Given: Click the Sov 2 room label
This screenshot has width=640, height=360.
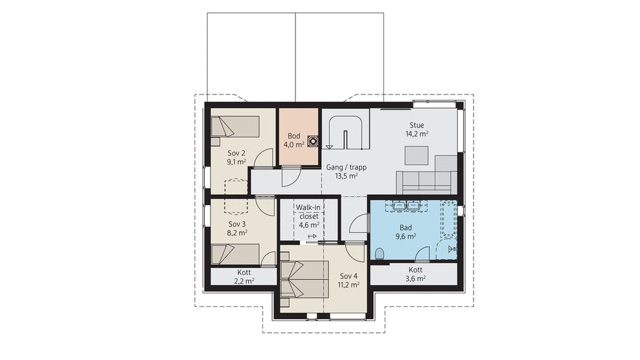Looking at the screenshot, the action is pos(236,153).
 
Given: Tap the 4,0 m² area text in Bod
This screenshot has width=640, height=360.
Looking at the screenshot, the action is pos(294,144).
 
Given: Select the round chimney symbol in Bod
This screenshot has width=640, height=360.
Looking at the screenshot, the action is pos(313,141).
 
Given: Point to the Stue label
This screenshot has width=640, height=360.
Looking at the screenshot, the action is pos(417,125).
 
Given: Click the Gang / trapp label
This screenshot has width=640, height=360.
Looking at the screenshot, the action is pos(346,167).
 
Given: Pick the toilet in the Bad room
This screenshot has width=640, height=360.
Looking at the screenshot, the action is pos(380,253).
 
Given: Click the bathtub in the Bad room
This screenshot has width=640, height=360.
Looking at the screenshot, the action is pos(448,218).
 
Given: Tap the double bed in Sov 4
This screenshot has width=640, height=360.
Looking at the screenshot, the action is pos(304,280).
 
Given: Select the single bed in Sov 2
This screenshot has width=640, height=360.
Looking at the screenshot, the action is pos(235,126).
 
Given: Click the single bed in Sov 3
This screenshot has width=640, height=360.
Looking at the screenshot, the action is pos(235,254).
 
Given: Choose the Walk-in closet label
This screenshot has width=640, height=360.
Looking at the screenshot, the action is pos(308,212).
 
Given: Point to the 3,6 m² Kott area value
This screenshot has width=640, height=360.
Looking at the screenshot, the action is pos(415,279).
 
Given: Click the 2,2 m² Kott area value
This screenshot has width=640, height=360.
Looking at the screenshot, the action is pos(244,281).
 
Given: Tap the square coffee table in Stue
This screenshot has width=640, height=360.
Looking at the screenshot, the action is pos(417,155).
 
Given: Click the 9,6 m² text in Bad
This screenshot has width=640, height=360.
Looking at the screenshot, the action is pos(406,236).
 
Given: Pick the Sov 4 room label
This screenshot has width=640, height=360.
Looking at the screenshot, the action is pos(349,276).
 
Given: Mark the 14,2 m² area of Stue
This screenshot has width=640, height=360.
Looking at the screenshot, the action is pos(417,133).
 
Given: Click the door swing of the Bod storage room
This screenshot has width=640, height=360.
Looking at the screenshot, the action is pos(291,176).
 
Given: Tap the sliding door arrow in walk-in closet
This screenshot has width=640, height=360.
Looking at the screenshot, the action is pos(312,236).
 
